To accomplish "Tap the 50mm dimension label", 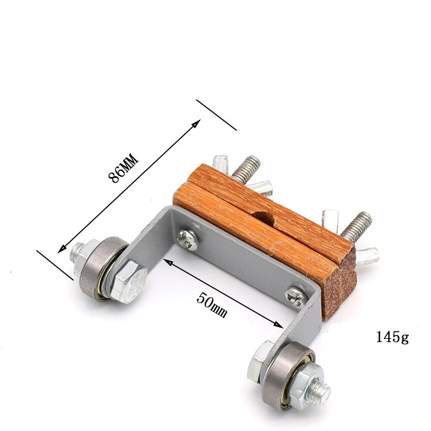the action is click(212, 305).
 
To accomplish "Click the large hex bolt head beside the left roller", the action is click(129, 282).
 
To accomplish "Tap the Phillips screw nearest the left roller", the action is click(187, 239).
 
